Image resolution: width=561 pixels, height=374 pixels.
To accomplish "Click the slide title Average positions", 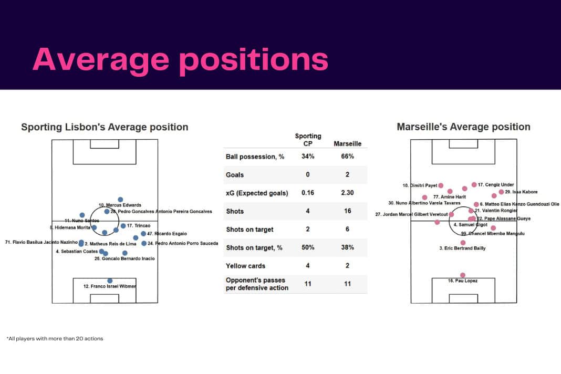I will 180,59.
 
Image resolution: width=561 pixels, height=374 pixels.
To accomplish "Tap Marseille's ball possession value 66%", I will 347,157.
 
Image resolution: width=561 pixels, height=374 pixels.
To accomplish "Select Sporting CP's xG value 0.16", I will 308,193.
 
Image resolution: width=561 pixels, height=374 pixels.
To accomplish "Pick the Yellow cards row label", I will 245,266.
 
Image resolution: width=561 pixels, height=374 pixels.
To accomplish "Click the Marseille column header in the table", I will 347,143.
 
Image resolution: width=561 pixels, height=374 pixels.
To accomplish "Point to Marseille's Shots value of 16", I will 347,211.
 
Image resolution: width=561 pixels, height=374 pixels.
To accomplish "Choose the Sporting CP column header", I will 308,140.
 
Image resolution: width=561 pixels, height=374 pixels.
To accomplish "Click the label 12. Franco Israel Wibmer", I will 110,286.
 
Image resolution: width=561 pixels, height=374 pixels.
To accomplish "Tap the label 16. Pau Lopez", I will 462,281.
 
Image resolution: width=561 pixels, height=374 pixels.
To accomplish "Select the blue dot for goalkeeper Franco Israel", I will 110,281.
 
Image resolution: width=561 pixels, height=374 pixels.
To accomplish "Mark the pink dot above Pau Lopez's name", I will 463,275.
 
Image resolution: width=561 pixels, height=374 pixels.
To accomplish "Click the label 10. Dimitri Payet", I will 420,185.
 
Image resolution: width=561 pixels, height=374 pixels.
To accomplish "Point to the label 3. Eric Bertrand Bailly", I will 462,248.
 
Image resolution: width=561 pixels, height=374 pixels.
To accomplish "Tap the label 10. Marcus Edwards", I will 120,205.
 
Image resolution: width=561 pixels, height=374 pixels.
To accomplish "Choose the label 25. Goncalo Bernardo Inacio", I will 124,258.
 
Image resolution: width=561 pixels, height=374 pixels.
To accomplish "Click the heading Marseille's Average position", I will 463,127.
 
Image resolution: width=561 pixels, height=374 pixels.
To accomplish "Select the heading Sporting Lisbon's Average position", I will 105,127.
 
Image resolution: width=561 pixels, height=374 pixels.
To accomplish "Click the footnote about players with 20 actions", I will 55,339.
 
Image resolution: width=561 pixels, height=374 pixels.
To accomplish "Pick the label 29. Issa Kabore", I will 521,192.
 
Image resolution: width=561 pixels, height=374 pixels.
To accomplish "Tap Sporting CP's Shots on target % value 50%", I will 308,247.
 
